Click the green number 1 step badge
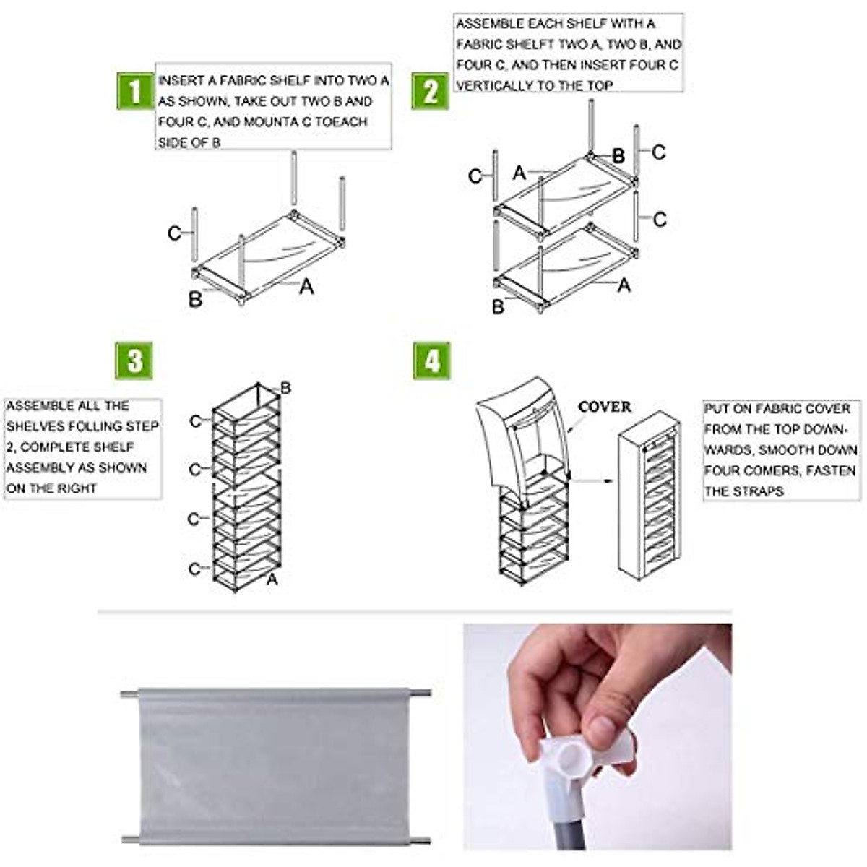point(135,90)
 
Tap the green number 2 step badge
point(430,92)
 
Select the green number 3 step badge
point(134,361)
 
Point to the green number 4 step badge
point(431,361)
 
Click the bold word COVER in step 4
point(604,407)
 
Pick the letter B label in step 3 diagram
point(285,389)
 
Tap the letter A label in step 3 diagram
point(272,579)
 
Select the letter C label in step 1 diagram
point(174,233)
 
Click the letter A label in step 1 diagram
point(306,287)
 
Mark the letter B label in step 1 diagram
point(195,299)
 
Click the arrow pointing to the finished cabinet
point(592,480)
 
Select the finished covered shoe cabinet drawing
point(648,495)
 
